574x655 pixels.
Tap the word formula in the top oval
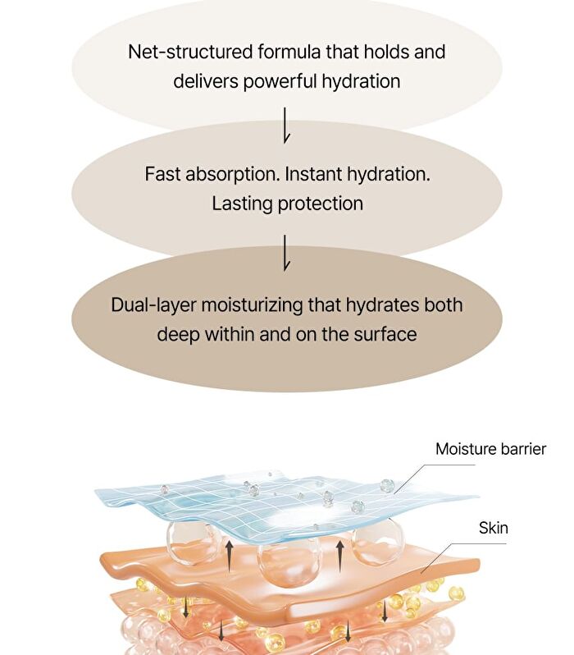coord(289,52)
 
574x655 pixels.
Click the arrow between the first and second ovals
coord(286,126)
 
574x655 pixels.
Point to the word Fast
coord(163,174)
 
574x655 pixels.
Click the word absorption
coord(233,174)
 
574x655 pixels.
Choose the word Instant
coord(313,174)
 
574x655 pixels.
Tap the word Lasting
coord(242,204)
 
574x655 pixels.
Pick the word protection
coord(320,204)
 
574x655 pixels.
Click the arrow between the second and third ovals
coord(286,252)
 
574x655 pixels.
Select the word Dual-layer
coord(153,305)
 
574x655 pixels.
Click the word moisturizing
coord(252,305)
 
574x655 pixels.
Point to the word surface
coord(385,335)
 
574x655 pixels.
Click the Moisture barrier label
coord(490,449)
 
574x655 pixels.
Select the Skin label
coord(494,528)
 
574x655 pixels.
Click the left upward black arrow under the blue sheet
coord(229,556)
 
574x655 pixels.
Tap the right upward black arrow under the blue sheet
coord(339,556)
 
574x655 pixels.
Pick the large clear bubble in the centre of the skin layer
coord(288,563)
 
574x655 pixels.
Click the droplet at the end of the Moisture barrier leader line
coord(387,486)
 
